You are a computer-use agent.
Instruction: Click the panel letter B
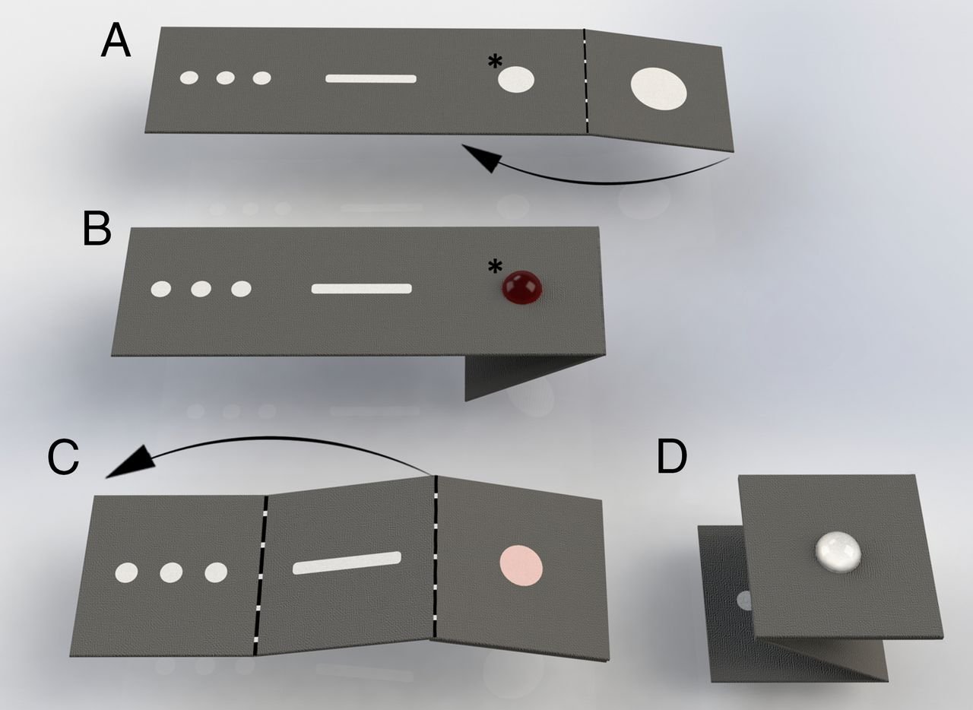97,229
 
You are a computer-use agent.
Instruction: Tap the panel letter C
63,458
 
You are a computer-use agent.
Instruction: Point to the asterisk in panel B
495,267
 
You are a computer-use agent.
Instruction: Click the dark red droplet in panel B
522,287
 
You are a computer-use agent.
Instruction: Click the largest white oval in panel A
659,88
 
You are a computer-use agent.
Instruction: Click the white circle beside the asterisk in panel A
516,79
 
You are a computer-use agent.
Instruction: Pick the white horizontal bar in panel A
371,78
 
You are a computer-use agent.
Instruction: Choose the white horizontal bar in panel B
361,289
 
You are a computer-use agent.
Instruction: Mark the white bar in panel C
347,563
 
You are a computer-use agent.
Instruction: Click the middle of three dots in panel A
225,78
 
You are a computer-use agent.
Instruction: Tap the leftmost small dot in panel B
160,289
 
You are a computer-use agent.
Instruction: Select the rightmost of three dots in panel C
216,572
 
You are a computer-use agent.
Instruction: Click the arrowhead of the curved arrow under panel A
479,158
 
